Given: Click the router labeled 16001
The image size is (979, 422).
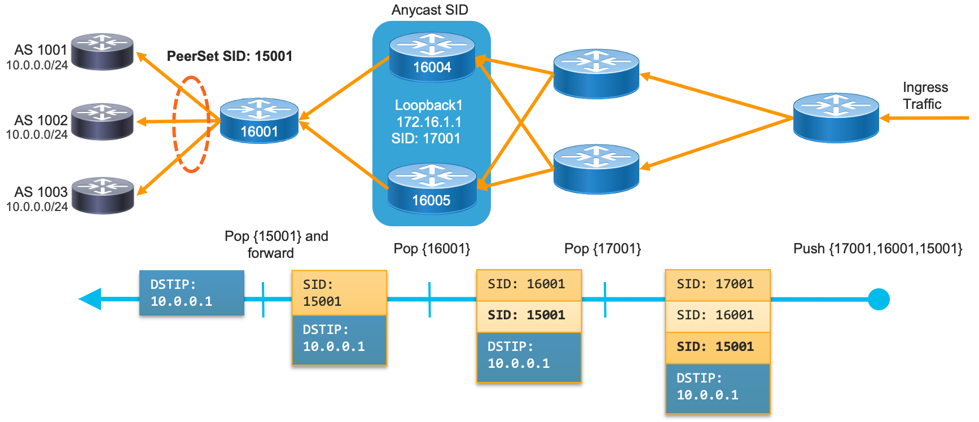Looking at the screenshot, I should click(259, 120).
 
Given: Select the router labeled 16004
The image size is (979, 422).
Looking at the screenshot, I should click(432, 57).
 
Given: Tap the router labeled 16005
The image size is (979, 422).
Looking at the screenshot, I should click(432, 189).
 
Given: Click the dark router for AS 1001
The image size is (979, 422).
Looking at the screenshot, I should click(102, 51).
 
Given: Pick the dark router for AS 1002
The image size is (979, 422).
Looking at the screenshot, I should click(102, 121).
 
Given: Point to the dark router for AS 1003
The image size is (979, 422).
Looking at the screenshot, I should click(103, 195).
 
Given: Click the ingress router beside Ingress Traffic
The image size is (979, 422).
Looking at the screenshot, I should click(836, 117).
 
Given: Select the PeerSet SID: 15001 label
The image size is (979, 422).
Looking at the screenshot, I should click(230, 56).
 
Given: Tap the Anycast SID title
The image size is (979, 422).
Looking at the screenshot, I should click(429, 10).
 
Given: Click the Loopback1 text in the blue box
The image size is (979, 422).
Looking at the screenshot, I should click(428, 105).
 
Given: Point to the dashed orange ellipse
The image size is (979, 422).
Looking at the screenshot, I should click(191, 124).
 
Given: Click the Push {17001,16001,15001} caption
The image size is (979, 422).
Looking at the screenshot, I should click(877, 248).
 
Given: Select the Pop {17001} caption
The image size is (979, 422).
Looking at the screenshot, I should click(603, 248).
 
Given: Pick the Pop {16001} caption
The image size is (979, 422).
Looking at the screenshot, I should click(432, 248).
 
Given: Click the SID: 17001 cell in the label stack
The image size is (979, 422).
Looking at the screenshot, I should click(717, 284).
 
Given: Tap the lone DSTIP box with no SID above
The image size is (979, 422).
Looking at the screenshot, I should click(191, 293).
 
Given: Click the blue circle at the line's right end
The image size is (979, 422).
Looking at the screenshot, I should click(878, 299).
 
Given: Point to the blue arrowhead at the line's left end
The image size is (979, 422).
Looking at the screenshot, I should click(90, 299).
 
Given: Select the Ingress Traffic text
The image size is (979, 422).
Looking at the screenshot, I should click(925, 95).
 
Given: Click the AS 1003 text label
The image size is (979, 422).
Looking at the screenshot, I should click(41, 192).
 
